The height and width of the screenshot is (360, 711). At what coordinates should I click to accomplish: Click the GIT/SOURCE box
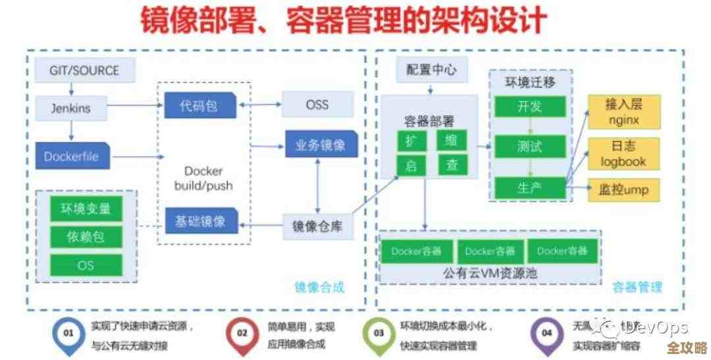point(84,70)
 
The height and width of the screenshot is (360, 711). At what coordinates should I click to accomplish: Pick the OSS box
point(317,105)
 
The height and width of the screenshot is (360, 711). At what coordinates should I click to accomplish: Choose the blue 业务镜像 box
point(321,145)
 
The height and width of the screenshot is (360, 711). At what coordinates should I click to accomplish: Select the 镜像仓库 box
point(317,227)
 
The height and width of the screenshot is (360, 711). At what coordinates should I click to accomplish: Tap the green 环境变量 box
point(86,209)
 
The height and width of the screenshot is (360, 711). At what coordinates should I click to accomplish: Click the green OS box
point(86,265)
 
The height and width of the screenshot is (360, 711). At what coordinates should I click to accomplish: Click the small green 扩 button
point(411,140)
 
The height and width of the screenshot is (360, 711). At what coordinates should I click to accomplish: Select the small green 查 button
point(452,165)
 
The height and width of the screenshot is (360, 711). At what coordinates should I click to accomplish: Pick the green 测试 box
point(530,146)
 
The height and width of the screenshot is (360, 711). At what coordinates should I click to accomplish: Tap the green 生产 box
point(530,188)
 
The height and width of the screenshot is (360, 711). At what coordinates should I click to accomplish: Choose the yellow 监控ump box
point(623,190)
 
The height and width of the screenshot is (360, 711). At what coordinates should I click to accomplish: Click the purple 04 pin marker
point(546,334)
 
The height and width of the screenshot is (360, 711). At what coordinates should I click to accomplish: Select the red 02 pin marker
point(242,334)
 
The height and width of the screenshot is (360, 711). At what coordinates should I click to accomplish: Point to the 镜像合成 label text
point(319,288)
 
